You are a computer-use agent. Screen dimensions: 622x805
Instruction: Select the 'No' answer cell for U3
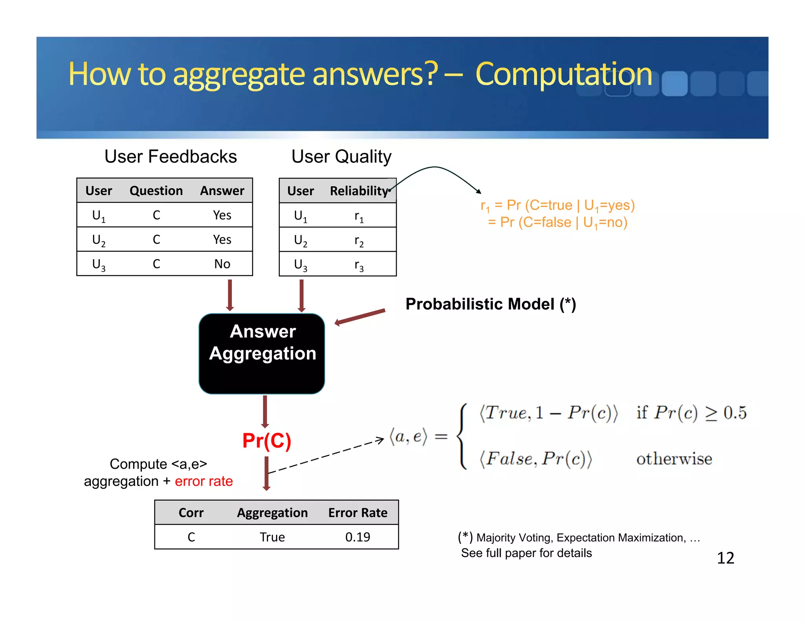(x=222, y=264)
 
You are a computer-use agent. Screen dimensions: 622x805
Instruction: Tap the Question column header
(x=156, y=191)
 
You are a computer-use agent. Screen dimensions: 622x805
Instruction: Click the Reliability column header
(x=359, y=191)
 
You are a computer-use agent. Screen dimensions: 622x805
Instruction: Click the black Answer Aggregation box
(x=262, y=354)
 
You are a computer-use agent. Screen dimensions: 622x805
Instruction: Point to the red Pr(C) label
(x=266, y=440)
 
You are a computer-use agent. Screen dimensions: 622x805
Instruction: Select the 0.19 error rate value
(x=357, y=537)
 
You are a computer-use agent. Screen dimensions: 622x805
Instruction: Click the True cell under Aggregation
(x=272, y=537)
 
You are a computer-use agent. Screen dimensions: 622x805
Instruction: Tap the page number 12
(x=725, y=558)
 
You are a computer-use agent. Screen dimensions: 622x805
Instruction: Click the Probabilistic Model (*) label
(x=491, y=304)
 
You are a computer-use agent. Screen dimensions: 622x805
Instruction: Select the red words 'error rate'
(x=204, y=481)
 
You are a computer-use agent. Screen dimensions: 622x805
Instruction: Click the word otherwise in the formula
(x=674, y=459)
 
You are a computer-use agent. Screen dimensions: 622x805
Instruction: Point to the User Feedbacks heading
(x=171, y=156)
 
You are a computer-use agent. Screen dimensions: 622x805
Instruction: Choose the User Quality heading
(x=341, y=156)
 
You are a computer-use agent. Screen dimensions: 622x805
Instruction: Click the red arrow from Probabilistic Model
(x=360, y=317)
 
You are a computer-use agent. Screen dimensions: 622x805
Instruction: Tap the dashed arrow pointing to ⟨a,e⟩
(x=326, y=456)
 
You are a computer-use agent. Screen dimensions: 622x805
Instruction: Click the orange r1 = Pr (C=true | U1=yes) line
(x=557, y=205)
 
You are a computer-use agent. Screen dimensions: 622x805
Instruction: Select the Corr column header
(x=191, y=513)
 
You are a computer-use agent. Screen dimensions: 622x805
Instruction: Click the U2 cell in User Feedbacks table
(x=98, y=240)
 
